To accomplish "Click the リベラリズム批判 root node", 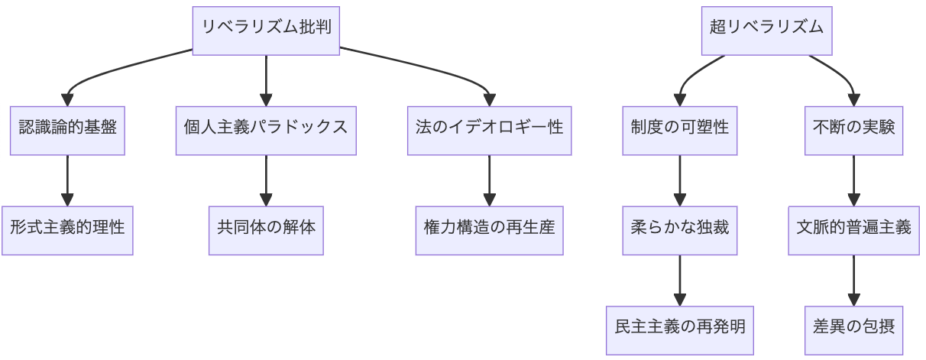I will [x=266, y=28].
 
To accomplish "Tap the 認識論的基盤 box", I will [x=67, y=127].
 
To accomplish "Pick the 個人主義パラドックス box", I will [x=266, y=127].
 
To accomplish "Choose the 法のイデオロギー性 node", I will [x=490, y=127].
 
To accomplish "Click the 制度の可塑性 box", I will [x=679, y=127].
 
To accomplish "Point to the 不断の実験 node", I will [x=854, y=127].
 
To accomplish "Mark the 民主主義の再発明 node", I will [x=679, y=326].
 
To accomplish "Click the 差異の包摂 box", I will [x=854, y=326].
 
